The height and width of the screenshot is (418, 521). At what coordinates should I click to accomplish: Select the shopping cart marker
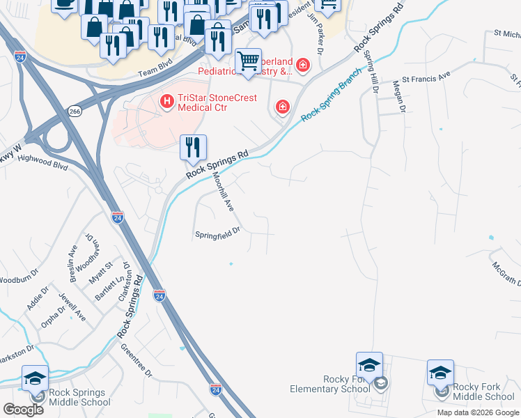pyautogui.click(x=248, y=62)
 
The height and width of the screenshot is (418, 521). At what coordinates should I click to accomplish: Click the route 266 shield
pyautogui.click(x=75, y=111)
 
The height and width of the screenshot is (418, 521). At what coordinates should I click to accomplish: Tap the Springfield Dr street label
pyautogui.click(x=217, y=232)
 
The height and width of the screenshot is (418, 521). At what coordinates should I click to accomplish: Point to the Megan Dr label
pyautogui.click(x=398, y=95)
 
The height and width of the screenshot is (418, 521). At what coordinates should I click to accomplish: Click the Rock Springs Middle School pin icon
pyautogui.click(x=35, y=378)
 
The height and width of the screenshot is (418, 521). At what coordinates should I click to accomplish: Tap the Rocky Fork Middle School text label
pyautogui.click(x=483, y=392)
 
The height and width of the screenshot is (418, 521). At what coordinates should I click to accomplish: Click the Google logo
pyautogui.click(x=23, y=410)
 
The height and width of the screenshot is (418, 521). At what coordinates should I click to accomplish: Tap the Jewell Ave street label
pyautogui.click(x=72, y=307)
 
